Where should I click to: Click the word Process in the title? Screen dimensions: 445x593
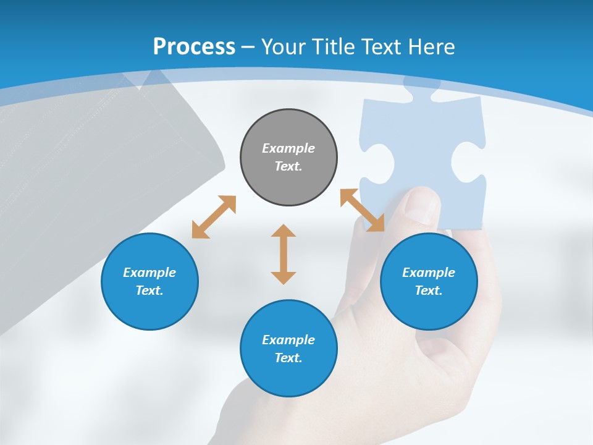[194, 46]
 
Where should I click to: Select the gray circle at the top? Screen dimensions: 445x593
[288, 158]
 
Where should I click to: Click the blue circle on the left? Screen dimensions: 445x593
[149, 281]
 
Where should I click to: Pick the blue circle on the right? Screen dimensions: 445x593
[429, 281]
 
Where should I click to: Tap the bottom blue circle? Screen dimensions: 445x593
[288, 349]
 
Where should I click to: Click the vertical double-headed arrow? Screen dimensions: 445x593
[284, 254]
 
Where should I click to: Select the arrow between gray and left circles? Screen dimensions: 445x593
[214, 217]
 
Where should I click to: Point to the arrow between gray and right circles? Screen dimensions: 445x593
[362, 210]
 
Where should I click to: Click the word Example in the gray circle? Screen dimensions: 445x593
[288, 148]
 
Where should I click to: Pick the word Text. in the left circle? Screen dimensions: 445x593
[149, 290]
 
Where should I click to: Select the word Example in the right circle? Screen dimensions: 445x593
[429, 273]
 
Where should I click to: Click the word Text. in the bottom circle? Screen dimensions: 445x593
[288, 358]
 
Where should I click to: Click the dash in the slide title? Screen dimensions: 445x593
[248, 47]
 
